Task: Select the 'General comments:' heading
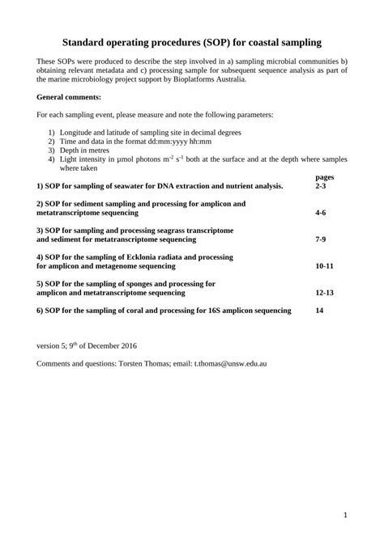click(x=69, y=96)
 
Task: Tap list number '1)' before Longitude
click(x=52, y=132)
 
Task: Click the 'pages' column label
click(x=324, y=177)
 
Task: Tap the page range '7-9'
click(x=321, y=240)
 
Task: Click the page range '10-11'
click(x=325, y=265)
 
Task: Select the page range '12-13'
click(x=325, y=292)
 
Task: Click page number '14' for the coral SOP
click(x=319, y=310)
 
